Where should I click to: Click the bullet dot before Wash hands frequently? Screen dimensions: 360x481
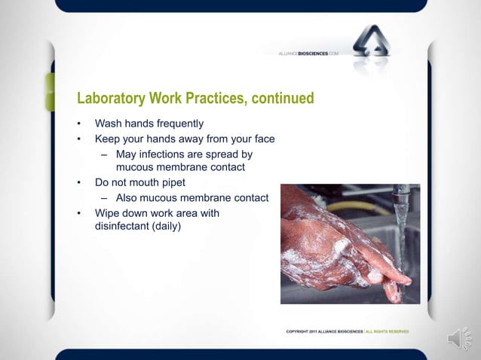(78, 124)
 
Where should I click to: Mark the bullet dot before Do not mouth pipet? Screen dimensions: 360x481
(78, 182)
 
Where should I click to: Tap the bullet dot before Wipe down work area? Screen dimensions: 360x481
(78, 213)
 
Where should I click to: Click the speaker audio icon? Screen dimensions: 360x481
(459, 339)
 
